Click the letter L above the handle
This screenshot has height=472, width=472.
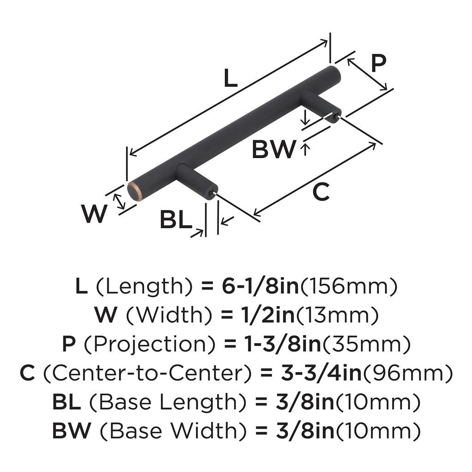[230, 79]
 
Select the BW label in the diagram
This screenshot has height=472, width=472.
[273, 149]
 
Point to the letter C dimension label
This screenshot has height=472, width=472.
[321, 192]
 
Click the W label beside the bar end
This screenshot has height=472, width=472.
[94, 213]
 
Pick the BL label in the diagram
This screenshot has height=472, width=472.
[176, 220]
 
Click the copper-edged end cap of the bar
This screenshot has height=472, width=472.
[135, 191]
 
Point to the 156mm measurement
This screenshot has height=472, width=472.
[348, 287]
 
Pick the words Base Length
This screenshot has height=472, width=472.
[162, 402]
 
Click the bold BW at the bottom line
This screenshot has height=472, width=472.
[73, 431]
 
